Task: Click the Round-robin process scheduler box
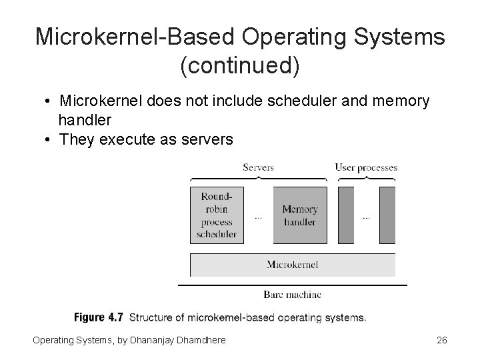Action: [x=217, y=215]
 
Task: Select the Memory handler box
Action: [x=300, y=215]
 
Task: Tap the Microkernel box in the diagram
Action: [x=292, y=265]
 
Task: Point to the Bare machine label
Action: [x=292, y=294]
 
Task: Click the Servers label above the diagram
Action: [x=258, y=167]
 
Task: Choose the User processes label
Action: [x=366, y=167]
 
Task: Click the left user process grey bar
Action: [x=346, y=215]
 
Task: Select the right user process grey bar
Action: [x=387, y=215]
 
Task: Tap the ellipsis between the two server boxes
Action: [x=259, y=217]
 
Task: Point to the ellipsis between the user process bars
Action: [x=367, y=217]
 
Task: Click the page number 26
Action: [x=441, y=341]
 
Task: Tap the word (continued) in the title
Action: [x=240, y=66]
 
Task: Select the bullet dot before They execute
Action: [x=48, y=139]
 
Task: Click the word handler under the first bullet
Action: [x=85, y=120]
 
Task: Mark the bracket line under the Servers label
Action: [x=258, y=179]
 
